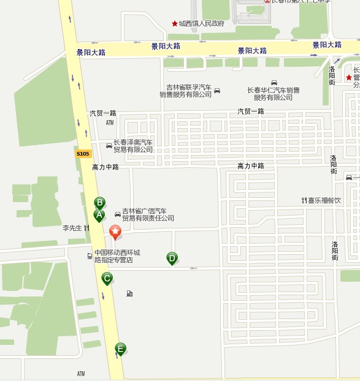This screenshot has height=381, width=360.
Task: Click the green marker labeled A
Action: tap(99, 215)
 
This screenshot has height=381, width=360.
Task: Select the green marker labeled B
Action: tap(99, 203)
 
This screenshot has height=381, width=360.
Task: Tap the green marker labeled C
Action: tap(107, 279)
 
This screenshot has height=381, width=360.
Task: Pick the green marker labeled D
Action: tap(172, 258)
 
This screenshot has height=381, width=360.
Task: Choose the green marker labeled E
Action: tap(120, 349)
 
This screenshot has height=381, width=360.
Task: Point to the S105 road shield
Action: tap(83, 154)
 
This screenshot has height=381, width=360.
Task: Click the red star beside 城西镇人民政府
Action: tap(174, 24)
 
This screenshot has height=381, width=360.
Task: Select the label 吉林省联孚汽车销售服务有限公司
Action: tap(185, 91)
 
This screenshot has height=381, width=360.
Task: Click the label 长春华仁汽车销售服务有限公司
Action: tap(274, 94)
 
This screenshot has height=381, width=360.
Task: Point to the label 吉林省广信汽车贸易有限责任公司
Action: tap(148, 214)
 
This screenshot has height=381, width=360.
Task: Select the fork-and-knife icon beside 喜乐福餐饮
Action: tap(304, 200)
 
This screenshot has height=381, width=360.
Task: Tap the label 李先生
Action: tap(72, 228)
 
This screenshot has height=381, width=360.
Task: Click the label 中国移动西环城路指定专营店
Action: tap(117, 256)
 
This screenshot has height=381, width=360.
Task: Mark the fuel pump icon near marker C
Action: tap(129, 293)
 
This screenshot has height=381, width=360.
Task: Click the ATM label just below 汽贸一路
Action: tap(110, 123)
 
